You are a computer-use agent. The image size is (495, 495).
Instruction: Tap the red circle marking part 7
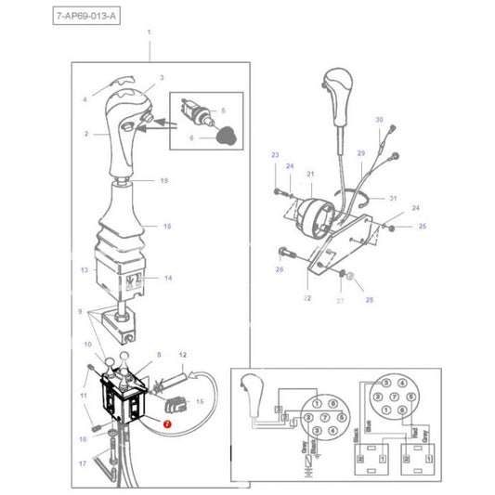pyautogui.click(x=166, y=423)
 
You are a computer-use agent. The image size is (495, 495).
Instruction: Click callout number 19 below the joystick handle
pyautogui.click(x=163, y=180)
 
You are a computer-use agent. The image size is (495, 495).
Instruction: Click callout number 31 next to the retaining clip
pyautogui.click(x=393, y=199)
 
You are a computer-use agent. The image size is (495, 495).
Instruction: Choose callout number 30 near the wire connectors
pyautogui.click(x=379, y=121)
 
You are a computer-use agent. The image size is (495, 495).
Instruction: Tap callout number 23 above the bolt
pyautogui.click(x=275, y=154)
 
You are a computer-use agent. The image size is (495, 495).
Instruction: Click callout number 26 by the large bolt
pyautogui.click(x=279, y=269)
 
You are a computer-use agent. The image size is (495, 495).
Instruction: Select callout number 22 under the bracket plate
pyautogui.click(x=307, y=298)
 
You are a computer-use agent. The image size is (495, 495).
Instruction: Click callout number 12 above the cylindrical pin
pyautogui.click(x=182, y=355)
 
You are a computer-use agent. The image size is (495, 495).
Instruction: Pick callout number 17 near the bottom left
pyautogui.click(x=82, y=463)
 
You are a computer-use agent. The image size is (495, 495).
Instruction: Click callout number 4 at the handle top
pyautogui.click(x=85, y=99)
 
